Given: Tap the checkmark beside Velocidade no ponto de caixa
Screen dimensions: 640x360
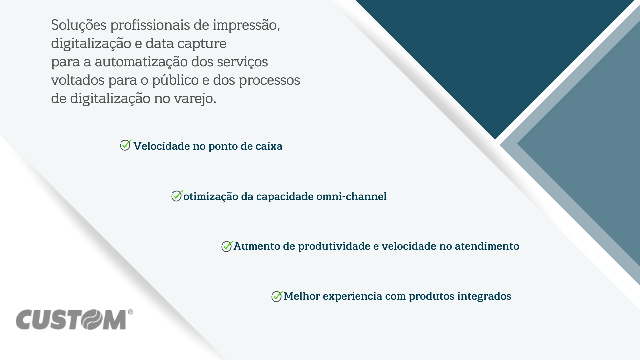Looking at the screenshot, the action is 126,145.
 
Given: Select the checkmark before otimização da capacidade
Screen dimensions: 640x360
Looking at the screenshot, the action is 177,196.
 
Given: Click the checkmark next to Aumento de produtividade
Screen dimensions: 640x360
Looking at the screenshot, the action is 227,246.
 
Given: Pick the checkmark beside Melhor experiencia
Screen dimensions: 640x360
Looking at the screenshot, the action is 277,296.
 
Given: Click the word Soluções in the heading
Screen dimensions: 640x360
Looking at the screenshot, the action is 79,25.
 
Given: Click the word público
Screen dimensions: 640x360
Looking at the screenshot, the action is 175,80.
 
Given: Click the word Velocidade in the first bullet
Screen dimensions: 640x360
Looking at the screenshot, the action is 162,146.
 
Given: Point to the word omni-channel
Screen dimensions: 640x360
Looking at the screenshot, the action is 351,196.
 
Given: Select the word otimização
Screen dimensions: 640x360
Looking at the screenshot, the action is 211,197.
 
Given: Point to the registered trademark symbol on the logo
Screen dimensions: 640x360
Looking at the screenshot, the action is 130,312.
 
